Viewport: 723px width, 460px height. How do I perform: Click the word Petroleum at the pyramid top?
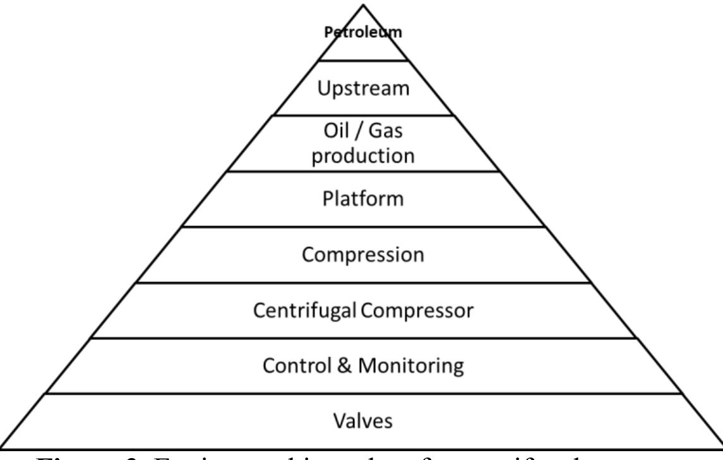pos(362,33)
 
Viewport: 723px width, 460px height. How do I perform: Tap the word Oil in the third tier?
pos(332,135)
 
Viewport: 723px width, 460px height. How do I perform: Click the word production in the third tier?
pos(362,155)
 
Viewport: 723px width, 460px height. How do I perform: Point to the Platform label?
pos(362,200)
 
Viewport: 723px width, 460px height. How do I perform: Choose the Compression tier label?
pos(362,255)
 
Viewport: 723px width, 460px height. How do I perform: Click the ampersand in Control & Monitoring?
pos(344,366)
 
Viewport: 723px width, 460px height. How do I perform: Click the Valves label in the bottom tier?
pos(362,421)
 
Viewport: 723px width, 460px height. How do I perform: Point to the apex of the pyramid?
pos(363,5)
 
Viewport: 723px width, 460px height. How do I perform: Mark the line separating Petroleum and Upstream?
pos(362,61)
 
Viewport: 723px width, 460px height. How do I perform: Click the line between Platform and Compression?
pos(362,227)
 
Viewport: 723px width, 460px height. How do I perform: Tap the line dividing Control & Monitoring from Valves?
pos(362,393)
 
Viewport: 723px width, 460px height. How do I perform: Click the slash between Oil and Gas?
pos(356,135)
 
